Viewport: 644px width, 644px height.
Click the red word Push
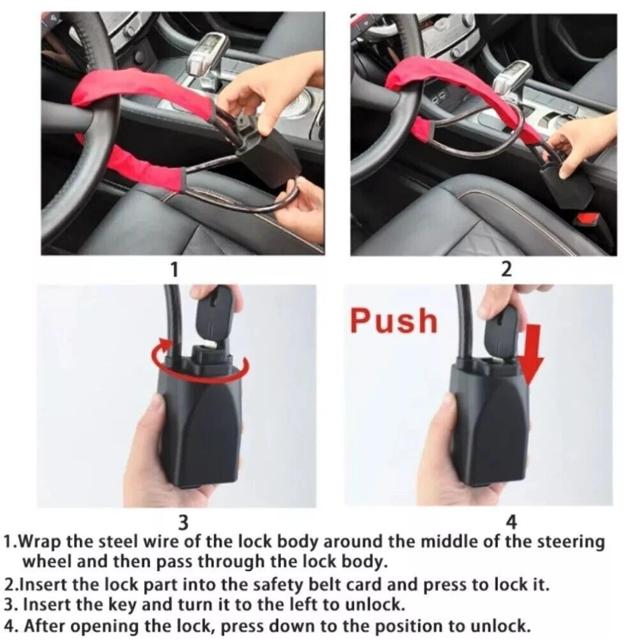pyautogui.click(x=393, y=321)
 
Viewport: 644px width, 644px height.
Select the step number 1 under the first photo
pyautogui.click(x=175, y=270)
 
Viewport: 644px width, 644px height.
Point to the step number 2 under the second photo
pyautogui.click(x=506, y=270)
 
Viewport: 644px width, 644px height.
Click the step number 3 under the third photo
pyautogui.click(x=183, y=523)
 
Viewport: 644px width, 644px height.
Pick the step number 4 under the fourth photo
pyautogui.click(x=511, y=522)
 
